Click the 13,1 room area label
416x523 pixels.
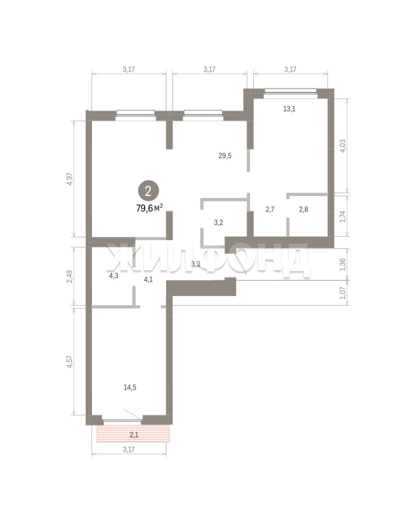click(x=289, y=109)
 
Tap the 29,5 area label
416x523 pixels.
click(x=225, y=156)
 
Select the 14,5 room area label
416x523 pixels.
click(x=130, y=387)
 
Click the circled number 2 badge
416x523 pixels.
click(x=149, y=191)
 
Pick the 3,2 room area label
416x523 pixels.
click(x=218, y=223)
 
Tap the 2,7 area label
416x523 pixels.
click(x=270, y=210)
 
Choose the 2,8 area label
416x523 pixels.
click(x=304, y=210)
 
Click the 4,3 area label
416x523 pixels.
click(x=114, y=276)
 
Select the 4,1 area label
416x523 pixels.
click(x=148, y=279)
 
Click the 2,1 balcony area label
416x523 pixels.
click(x=134, y=434)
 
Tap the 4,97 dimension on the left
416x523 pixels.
click(x=69, y=179)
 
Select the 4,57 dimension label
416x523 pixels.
click(x=69, y=362)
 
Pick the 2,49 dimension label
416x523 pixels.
click(x=69, y=277)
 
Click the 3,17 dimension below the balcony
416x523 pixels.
click(x=129, y=449)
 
